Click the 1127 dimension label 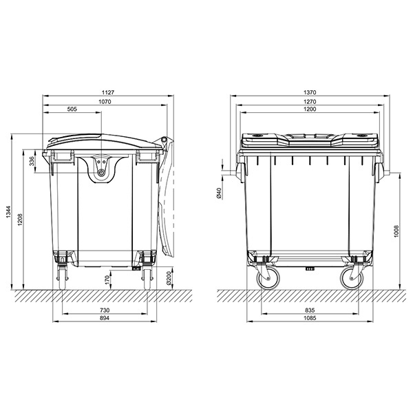[x=108, y=92]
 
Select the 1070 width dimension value [x=105, y=102]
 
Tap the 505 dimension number [x=72, y=109]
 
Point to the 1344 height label [x=9, y=212]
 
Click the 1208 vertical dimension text [x=21, y=220]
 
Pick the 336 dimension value [x=32, y=161]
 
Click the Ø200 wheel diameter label [x=169, y=278]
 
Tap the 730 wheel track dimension [x=105, y=310]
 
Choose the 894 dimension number [x=105, y=318]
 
